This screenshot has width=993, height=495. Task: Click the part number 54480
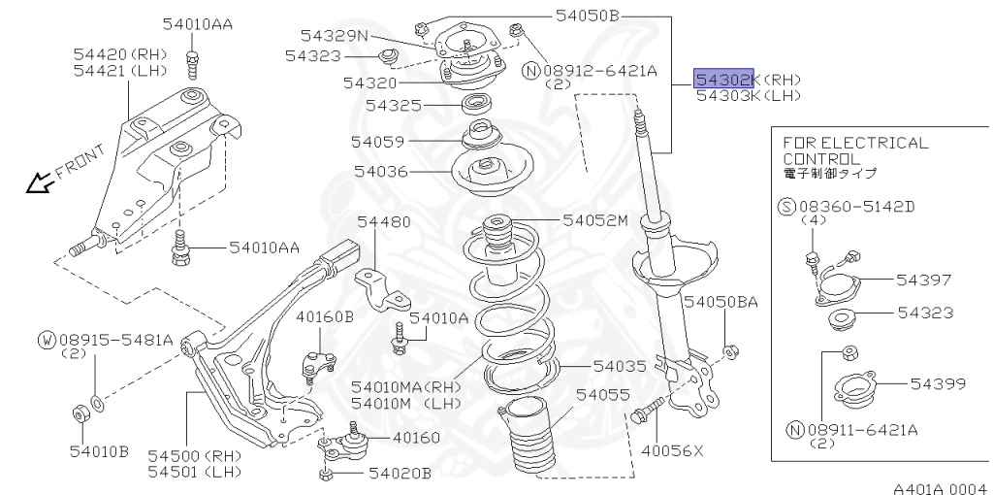point(383,222)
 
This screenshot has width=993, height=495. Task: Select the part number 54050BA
point(721,303)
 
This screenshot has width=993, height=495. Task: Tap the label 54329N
point(335,36)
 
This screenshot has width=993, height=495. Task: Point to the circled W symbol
point(47,340)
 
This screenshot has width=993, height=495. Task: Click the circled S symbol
point(787,206)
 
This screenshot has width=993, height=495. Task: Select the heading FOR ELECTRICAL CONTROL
point(854,150)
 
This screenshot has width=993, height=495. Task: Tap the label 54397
point(924,280)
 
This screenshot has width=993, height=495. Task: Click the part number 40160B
point(325,316)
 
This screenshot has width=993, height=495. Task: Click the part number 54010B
point(99,450)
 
